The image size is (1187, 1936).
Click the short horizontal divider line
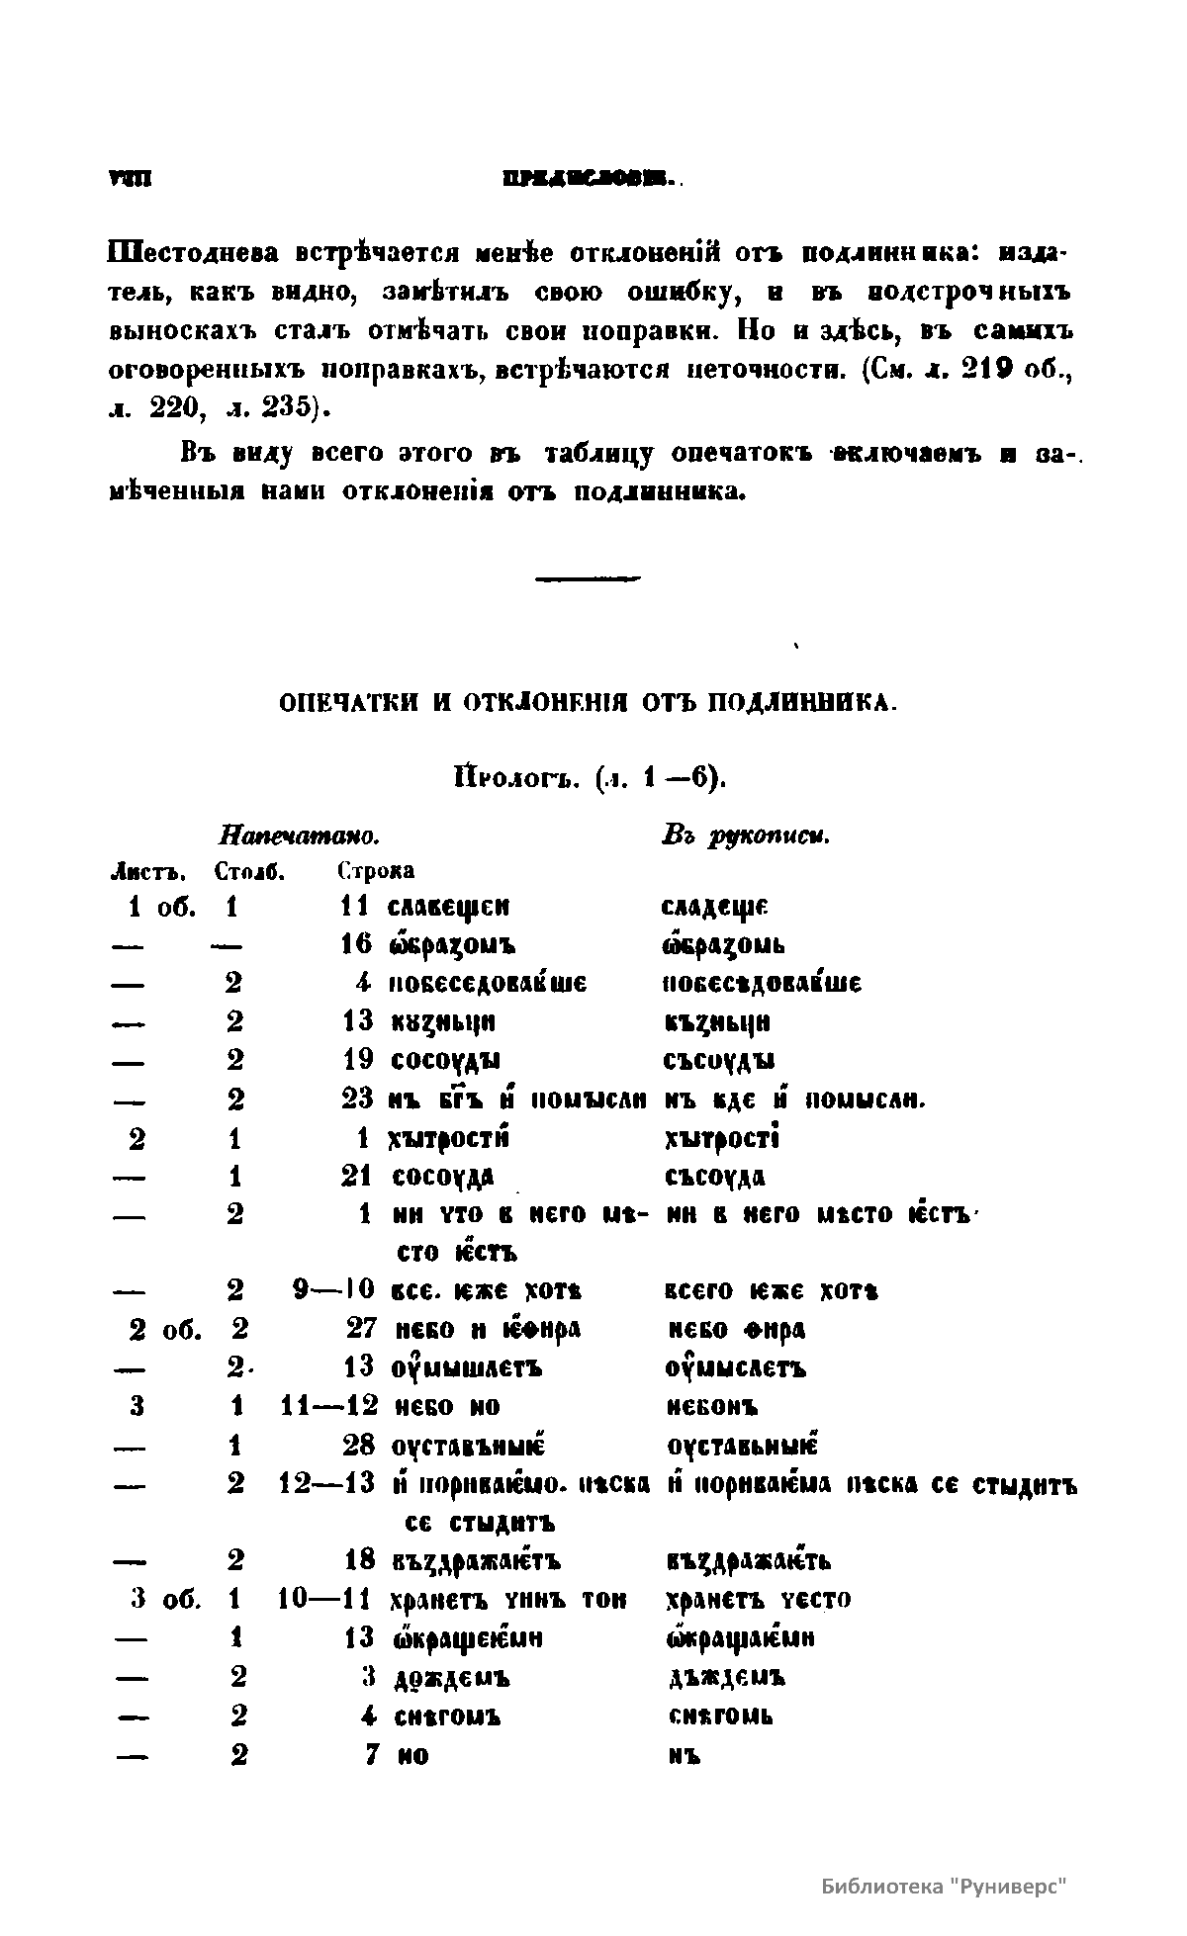point(588,579)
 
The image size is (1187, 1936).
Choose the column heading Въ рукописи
point(745,836)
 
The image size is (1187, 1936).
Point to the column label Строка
point(375,872)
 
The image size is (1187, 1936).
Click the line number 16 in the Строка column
point(357,944)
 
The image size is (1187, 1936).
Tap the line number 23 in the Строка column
point(357,1099)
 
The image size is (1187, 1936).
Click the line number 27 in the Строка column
point(360,1330)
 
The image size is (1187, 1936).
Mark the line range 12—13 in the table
point(327,1485)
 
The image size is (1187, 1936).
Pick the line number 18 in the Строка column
point(359,1561)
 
